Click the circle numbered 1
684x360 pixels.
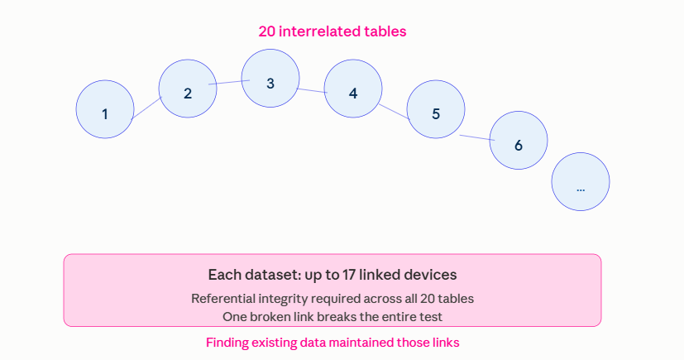105,109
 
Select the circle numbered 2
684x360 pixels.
188,89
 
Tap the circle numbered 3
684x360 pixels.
270,78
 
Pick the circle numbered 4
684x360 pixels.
353,89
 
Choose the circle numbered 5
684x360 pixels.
436,109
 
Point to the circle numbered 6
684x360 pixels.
519,140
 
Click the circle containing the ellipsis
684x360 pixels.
581,181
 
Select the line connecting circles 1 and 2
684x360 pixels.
146,108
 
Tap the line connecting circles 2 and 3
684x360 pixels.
229,82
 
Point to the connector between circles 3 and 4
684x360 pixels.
312,91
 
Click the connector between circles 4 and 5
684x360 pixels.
395,112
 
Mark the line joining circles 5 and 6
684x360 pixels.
477,138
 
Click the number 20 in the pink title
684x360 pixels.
266,31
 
